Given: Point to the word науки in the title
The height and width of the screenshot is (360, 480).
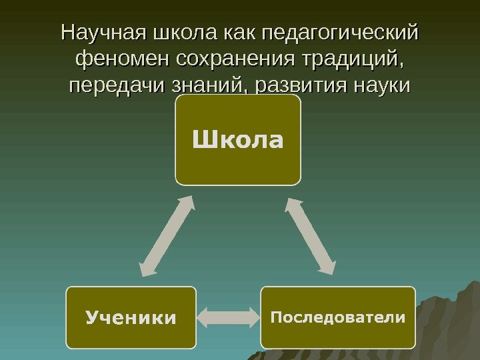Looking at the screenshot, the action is click(379, 87).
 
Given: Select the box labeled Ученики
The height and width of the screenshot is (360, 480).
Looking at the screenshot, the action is click(131, 317).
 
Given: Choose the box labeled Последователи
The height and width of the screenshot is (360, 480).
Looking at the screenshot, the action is click(337, 317).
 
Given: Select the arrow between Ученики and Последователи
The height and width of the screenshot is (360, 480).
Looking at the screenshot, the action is click(228, 317).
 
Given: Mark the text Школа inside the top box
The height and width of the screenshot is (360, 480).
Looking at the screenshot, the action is click(238, 140).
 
